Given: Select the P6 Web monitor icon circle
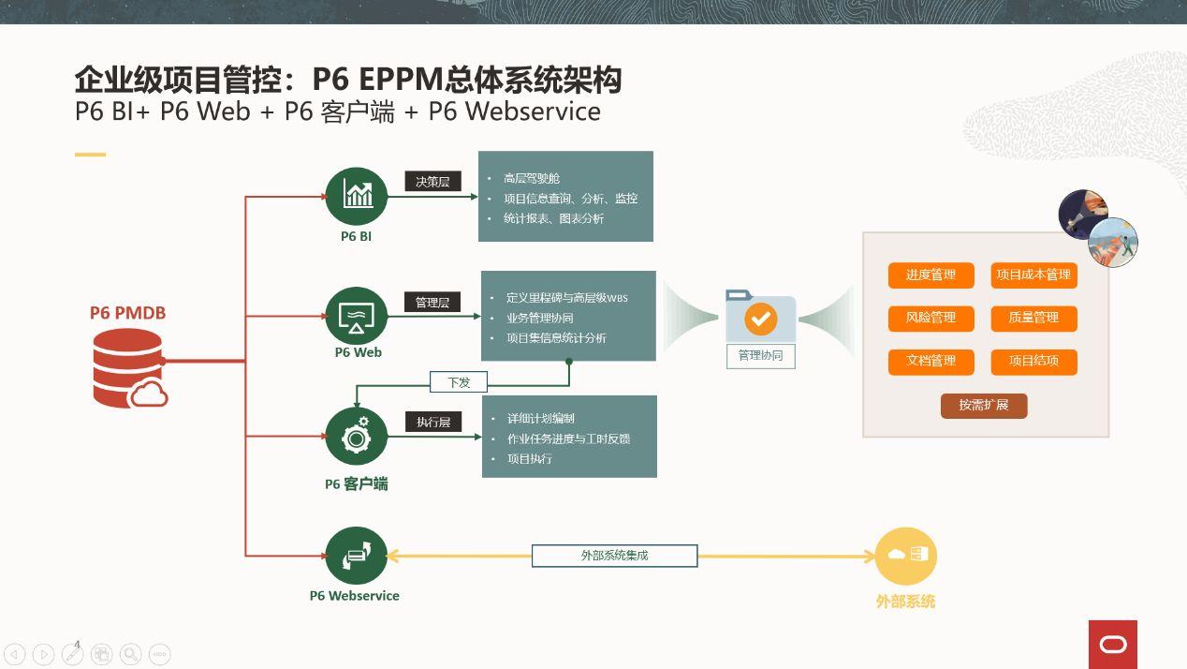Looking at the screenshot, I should pos(357,316).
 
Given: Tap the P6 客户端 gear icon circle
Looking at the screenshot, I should pos(357,437).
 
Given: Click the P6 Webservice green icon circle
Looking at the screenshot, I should pos(357,556).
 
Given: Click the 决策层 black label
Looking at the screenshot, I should pos(432,182).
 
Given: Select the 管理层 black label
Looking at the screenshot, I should pos(432,303).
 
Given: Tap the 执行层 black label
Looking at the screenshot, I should pos(433,423).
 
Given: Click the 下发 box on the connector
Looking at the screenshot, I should pos(459,382).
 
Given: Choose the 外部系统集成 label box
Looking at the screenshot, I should pos(614,556).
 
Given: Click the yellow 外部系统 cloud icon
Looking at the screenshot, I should pos(905,556).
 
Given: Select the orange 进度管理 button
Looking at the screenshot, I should pos(931,275).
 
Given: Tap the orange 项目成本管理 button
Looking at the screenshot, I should pos(1033,275).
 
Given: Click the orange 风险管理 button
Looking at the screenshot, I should pos(931,319).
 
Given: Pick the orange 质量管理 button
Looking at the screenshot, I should pos(1033,319).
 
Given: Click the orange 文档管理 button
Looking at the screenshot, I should pos(931,362).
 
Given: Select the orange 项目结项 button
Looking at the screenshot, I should pos(1033,362).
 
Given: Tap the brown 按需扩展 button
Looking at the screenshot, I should pos(984,406).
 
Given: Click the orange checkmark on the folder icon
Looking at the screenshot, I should pos(760,319).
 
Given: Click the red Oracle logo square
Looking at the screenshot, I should pos(1113,645).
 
